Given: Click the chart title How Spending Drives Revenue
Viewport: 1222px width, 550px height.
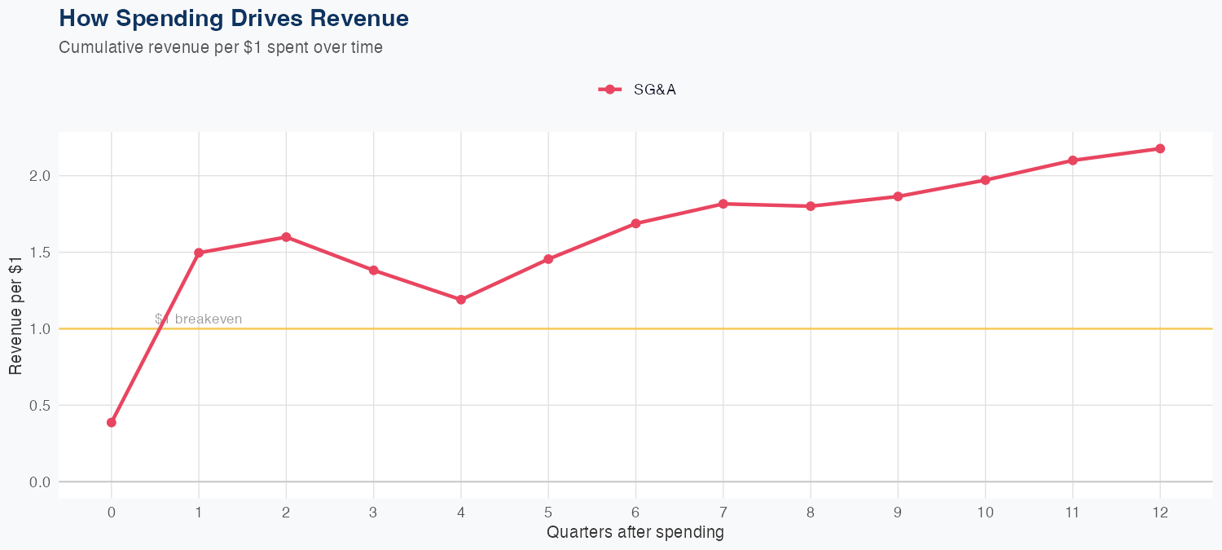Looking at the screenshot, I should pos(234,18).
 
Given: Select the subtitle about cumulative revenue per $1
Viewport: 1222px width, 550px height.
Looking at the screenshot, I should pos(221,47).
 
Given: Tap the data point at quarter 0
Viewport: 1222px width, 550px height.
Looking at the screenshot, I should pos(112,422).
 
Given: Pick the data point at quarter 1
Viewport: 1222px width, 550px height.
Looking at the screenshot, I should pos(199,253).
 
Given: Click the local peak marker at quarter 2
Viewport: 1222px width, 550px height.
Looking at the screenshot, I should pos(286,237).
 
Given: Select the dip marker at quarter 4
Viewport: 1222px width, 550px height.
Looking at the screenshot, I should pos(461,300).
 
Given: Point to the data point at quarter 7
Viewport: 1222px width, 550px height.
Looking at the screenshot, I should pos(723,204).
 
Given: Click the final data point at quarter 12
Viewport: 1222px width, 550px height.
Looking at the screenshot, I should pos(1160,148).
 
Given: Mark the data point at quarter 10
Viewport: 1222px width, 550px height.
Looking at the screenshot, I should pos(986,180).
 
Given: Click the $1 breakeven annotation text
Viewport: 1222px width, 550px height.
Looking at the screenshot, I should pos(199,319).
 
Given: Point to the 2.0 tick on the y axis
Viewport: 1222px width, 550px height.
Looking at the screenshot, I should pos(39,176).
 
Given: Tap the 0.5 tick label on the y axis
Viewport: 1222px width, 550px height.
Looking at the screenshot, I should pos(39,406).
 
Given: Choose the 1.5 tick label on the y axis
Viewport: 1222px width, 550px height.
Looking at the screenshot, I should pos(39,253).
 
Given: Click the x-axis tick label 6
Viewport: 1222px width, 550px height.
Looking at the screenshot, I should pos(635,513).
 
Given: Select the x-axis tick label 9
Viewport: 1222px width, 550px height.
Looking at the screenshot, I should pos(898,513).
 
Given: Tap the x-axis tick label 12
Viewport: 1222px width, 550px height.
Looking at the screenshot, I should pos(1160,513).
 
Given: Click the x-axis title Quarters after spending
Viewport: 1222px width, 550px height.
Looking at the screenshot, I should pos(635,533).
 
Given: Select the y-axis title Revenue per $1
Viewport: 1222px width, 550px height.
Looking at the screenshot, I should pos(15,315).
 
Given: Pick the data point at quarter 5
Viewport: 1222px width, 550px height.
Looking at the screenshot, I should pos(548,259).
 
